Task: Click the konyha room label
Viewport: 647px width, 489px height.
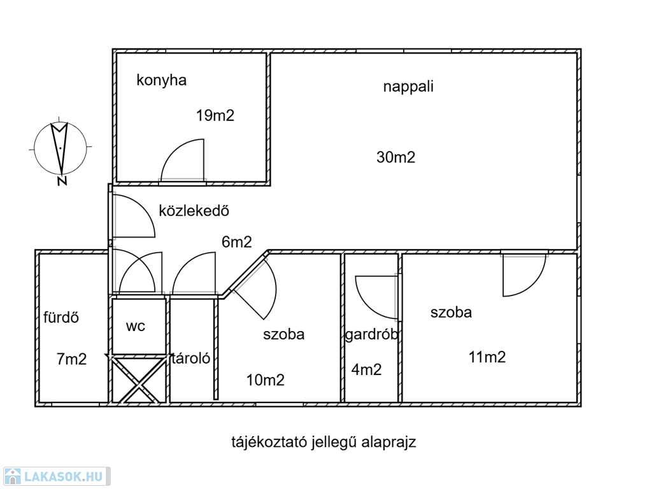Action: (161, 81)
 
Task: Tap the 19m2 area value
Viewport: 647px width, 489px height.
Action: (215, 116)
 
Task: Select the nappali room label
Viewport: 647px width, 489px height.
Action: (408, 87)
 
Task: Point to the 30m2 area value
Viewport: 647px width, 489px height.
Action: (395, 157)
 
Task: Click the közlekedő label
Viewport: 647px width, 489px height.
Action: (194, 211)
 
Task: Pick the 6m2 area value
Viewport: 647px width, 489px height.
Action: (237, 242)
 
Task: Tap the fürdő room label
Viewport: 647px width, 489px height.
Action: (61, 317)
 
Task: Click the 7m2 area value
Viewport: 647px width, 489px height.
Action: (71, 359)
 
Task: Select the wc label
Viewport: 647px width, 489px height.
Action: (136, 327)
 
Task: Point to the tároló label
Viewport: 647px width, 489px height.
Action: (190, 358)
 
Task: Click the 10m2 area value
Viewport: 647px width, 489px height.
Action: (266, 381)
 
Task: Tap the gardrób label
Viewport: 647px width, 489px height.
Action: (372, 334)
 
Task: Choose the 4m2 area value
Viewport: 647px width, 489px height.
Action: (367, 369)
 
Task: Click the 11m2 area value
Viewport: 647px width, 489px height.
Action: (487, 357)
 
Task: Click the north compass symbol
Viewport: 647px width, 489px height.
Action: (59, 148)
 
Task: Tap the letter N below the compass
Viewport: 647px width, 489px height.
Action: (62, 181)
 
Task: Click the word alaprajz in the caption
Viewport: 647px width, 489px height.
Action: (389, 443)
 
